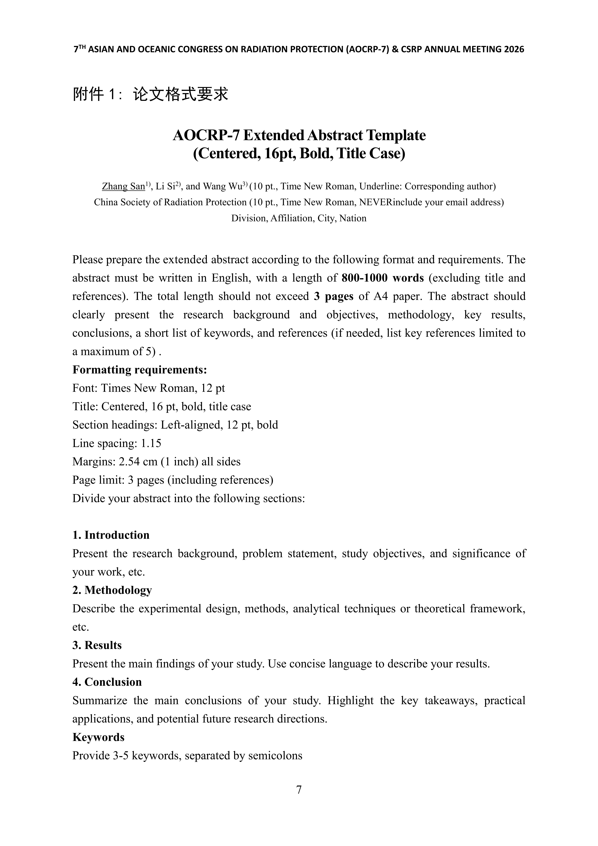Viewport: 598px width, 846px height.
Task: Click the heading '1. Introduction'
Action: coord(111,535)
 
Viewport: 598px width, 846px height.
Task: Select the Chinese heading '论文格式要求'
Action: coord(181,94)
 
